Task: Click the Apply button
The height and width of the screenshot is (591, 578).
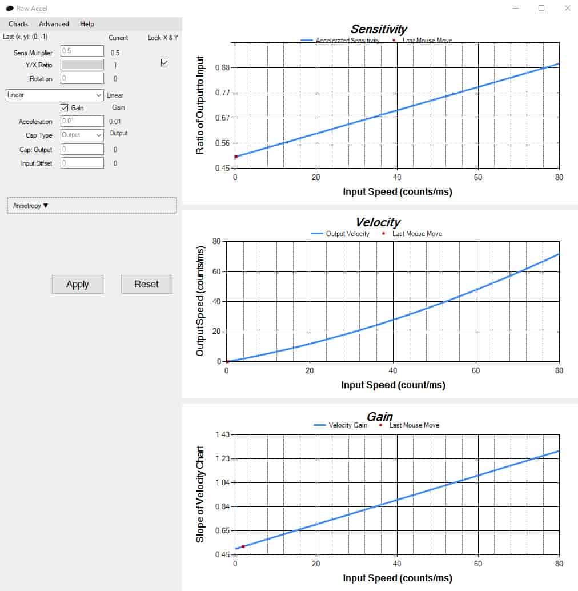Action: tap(78, 284)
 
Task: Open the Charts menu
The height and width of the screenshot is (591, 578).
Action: tap(18, 24)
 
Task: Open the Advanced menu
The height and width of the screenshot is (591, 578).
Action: tap(54, 24)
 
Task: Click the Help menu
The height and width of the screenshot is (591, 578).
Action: tap(87, 24)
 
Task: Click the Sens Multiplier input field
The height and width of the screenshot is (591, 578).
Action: tap(82, 51)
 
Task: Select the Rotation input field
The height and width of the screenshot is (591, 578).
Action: tap(82, 78)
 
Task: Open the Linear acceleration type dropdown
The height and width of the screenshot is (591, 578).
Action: tap(55, 95)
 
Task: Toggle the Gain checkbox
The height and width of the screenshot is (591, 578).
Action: tap(65, 108)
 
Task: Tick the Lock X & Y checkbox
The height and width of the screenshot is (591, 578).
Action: tap(164, 62)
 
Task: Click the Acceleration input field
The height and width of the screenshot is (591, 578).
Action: tap(82, 121)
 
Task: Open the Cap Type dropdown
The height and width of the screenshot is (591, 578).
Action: tap(82, 135)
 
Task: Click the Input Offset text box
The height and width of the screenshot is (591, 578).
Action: tap(82, 163)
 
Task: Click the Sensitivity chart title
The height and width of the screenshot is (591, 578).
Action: tap(379, 29)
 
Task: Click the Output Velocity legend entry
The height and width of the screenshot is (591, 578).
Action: tap(340, 234)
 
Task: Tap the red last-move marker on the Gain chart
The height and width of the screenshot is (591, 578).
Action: tap(243, 546)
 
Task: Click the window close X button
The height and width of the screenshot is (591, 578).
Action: tap(568, 8)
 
